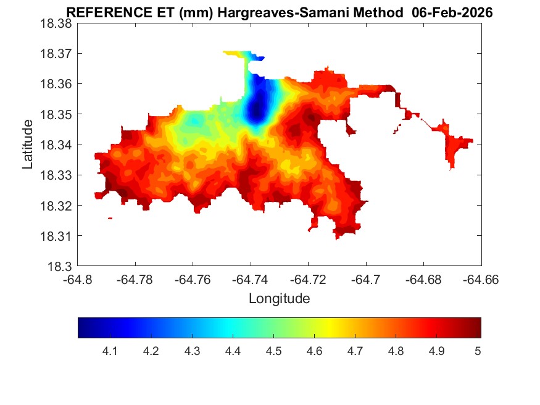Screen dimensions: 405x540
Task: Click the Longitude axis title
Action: (x=279, y=299)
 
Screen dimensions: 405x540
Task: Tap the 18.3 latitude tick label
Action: (x=60, y=267)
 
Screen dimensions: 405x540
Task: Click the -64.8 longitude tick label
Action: (x=78, y=279)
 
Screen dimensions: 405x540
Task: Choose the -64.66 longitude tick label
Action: (x=481, y=279)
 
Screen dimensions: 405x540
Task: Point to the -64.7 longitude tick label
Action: (x=367, y=279)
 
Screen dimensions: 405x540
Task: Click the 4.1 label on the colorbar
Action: (x=110, y=351)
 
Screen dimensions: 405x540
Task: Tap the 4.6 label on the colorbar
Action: (x=315, y=351)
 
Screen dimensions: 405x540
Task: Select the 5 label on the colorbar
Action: (x=477, y=351)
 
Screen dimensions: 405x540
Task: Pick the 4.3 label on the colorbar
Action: (x=192, y=351)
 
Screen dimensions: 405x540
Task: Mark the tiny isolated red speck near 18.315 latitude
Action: (x=110, y=218)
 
